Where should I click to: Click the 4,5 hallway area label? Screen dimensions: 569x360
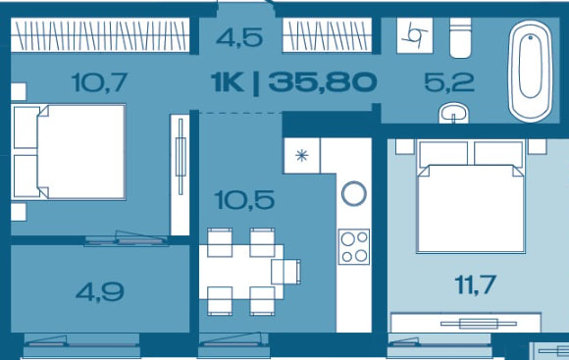(239, 37)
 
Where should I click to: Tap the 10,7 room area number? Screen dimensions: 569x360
(99, 82)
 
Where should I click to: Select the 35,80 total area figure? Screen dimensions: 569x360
(323, 82)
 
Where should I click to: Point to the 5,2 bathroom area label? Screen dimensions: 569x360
(449, 82)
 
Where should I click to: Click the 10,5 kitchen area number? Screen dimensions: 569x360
(244, 200)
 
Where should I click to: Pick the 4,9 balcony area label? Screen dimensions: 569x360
(100, 292)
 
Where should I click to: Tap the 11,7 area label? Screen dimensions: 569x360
(476, 284)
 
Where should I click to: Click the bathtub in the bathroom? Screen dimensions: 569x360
(531, 71)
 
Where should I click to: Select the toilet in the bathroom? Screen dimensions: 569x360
(460, 37)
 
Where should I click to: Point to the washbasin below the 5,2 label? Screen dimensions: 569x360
(453, 113)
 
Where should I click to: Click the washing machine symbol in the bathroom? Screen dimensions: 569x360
(415, 35)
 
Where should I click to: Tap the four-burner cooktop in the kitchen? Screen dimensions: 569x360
(354, 246)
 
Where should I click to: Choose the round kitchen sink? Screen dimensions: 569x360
(354, 193)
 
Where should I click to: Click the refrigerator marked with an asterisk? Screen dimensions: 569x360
(302, 156)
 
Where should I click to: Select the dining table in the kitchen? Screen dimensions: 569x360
(241, 272)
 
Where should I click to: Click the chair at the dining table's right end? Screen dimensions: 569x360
(285, 272)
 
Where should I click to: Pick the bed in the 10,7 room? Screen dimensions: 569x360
(69, 152)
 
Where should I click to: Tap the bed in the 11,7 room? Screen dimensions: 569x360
(471, 196)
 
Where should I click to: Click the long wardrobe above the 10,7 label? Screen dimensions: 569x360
(100, 35)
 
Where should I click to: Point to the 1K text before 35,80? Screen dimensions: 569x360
(228, 82)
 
